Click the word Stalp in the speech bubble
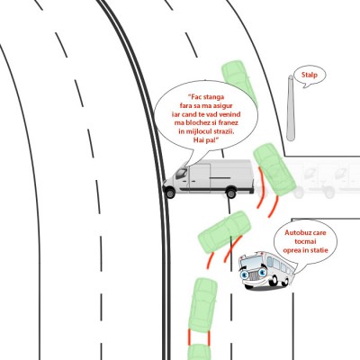coord(309,75)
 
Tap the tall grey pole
coord(291,108)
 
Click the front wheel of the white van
coord(170,193)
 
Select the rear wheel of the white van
coord(231,193)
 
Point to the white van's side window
coord(181,174)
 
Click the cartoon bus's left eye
coord(244,274)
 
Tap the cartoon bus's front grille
coord(255,275)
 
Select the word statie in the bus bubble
coord(319,250)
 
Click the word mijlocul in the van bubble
coord(200,131)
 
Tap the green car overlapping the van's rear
coord(273,168)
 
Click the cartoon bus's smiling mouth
coord(255,284)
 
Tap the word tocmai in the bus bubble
coord(305,241)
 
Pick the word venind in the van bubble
coord(230,114)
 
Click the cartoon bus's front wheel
coord(273,282)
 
